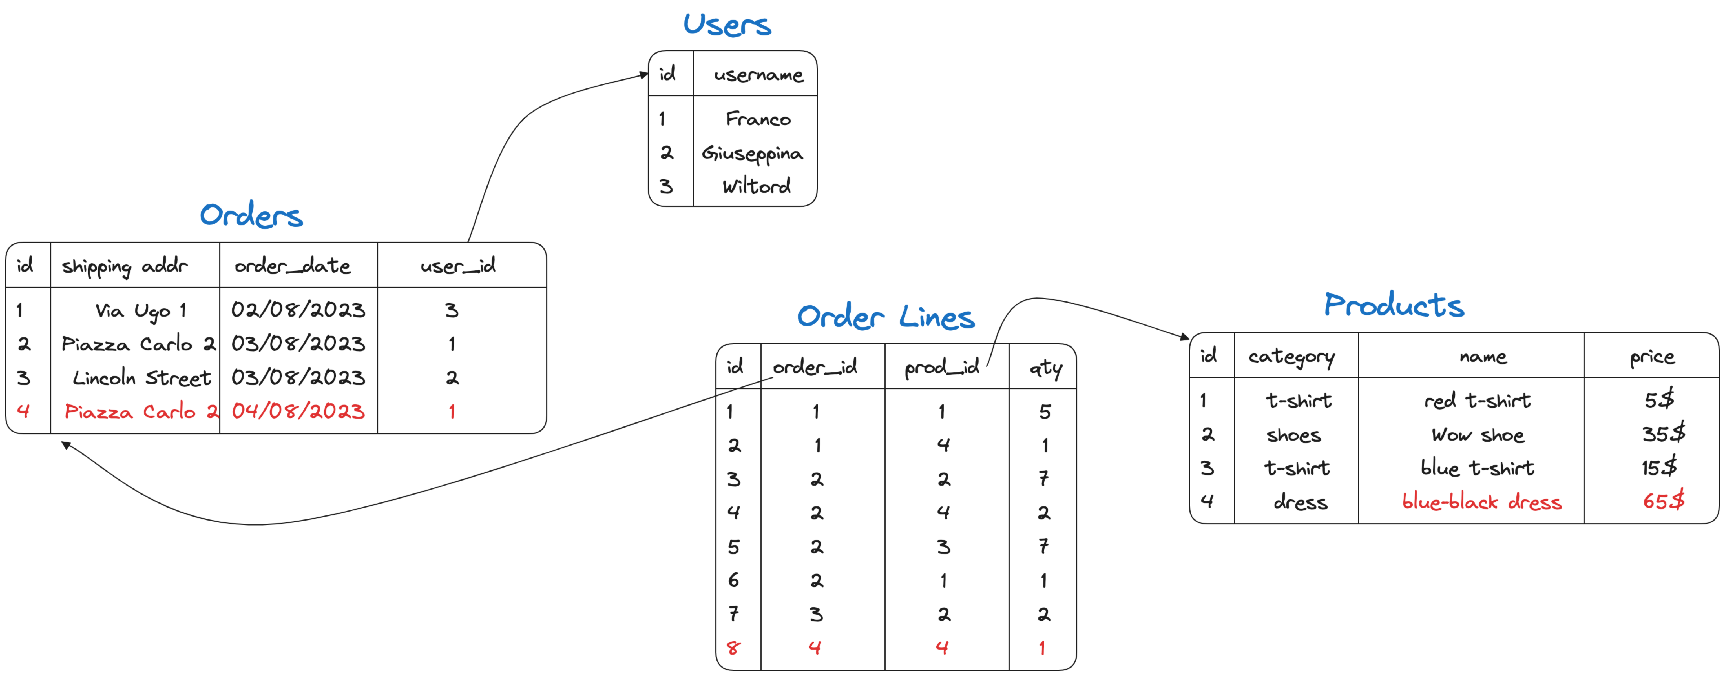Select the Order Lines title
tap(885, 317)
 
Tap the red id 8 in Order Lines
tap(733, 648)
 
